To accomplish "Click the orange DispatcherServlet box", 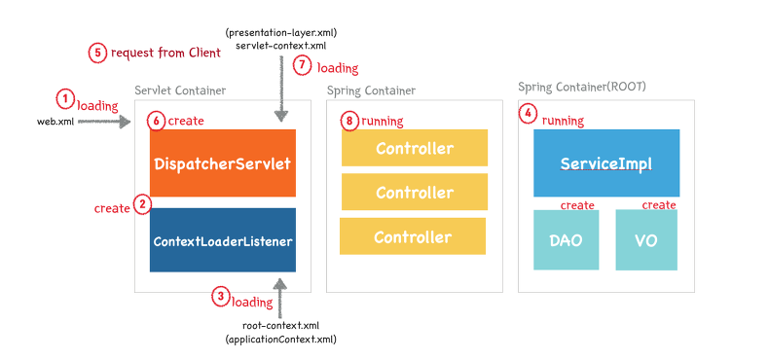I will pos(223,163).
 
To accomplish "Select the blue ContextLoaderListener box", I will pos(223,239).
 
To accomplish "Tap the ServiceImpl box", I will pos(605,163).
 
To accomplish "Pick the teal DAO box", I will pos(566,239).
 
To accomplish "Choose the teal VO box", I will pos(645,239).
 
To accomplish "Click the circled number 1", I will pos(65,98).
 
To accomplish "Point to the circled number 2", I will pos(142,204).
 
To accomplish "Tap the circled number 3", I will pos(221,298).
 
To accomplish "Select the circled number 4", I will pos(529,113).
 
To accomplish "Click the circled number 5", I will pos(98,53).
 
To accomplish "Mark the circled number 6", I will pos(156,121).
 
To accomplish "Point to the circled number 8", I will pos(350,121).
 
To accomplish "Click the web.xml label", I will pos(55,123).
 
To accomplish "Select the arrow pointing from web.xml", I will pos(104,123).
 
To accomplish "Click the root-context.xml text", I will pos(280,325).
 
